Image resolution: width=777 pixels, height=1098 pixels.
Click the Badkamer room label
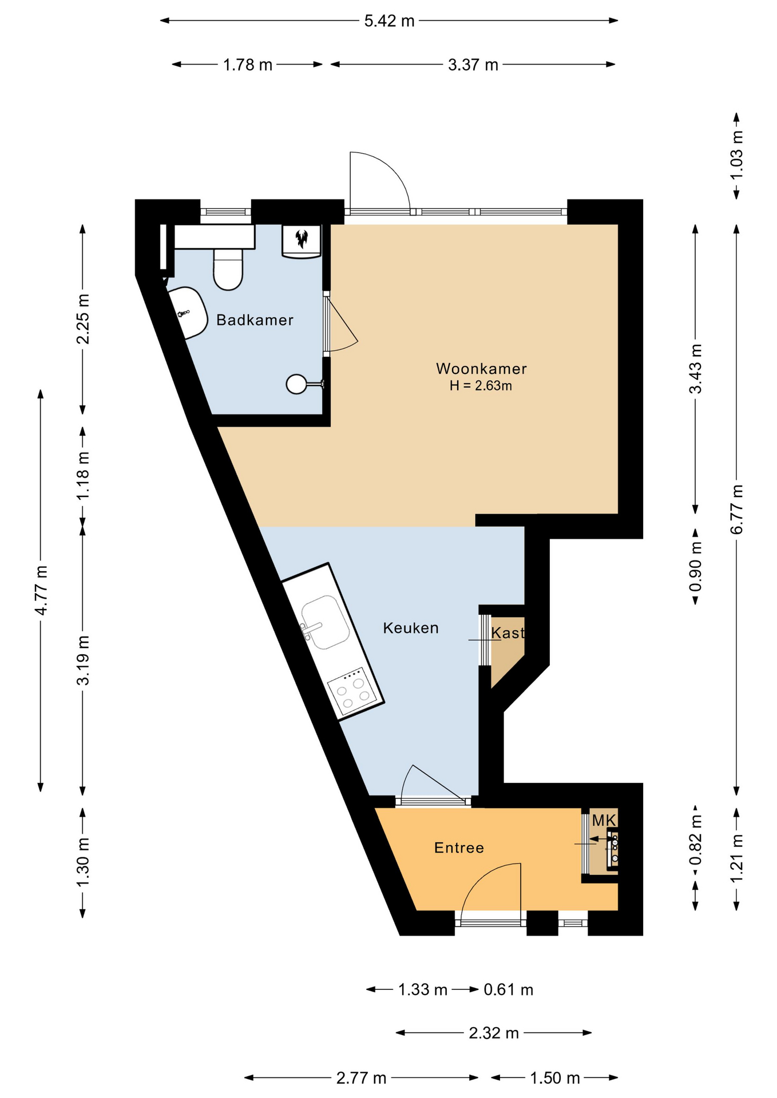(x=255, y=320)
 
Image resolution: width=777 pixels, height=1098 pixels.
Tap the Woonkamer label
(x=481, y=368)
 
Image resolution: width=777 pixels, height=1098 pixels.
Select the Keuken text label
(x=411, y=628)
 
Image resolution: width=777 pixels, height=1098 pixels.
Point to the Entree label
(x=459, y=848)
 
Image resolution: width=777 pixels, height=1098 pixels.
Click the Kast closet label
(x=508, y=632)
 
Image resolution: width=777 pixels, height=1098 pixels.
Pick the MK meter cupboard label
(x=604, y=821)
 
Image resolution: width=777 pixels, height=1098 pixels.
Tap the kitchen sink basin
(x=325, y=622)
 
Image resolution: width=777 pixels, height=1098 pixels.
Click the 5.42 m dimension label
(x=389, y=21)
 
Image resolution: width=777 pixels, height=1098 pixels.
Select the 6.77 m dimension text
(x=737, y=509)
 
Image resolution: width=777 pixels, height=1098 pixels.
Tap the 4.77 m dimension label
(x=41, y=590)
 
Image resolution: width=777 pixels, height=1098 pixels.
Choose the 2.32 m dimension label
(x=494, y=1033)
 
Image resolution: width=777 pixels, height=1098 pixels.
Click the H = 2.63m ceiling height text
(x=481, y=386)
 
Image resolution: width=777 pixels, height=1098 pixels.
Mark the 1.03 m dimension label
(x=737, y=155)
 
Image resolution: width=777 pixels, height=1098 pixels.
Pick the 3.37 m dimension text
(x=473, y=65)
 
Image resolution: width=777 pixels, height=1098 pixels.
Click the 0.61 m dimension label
(x=509, y=989)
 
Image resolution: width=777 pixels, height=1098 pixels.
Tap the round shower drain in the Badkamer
(x=296, y=384)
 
